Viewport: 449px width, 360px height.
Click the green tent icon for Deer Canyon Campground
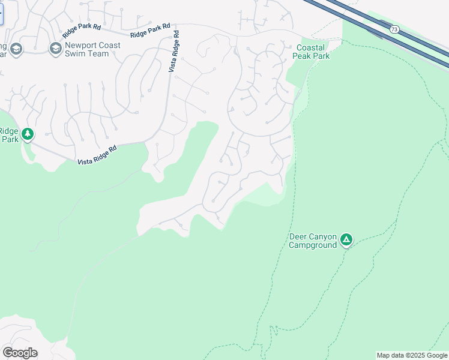coord(346,240)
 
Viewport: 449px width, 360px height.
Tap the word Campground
coord(313,245)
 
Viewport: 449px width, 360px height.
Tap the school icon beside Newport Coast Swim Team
coord(56,49)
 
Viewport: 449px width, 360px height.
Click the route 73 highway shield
coord(394,29)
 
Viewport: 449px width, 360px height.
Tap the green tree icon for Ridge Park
coord(28,134)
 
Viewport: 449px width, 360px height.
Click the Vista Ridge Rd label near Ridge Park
coord(97,155)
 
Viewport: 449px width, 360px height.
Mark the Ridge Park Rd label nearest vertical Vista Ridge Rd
coord(150,31)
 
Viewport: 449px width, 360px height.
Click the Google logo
coord(20,353)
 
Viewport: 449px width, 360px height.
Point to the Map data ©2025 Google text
coord(412,355)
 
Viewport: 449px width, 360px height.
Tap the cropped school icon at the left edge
coord(16,49)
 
